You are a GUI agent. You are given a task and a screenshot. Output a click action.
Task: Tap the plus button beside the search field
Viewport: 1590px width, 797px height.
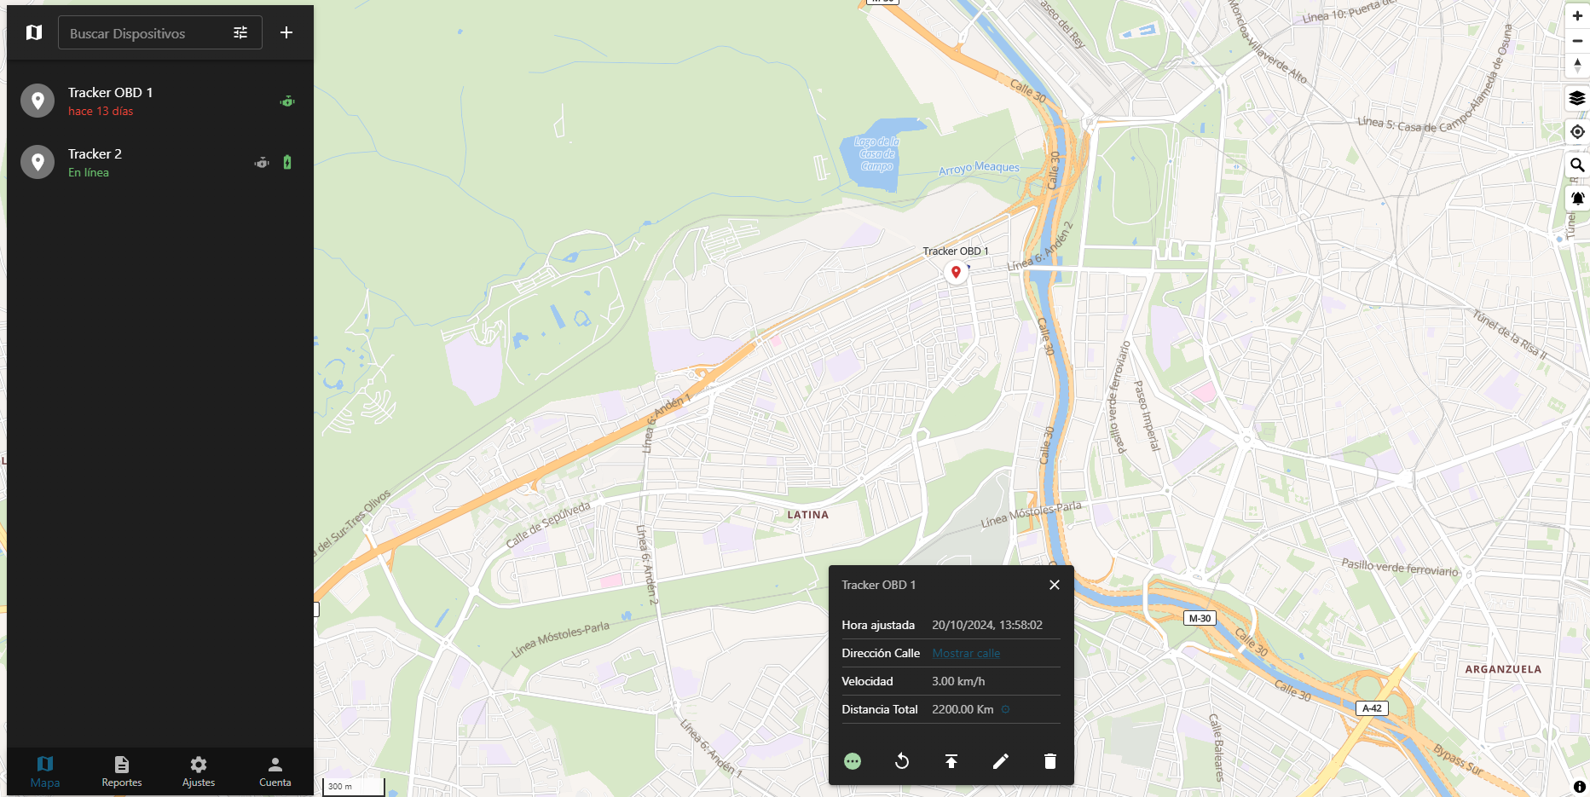(286, 32)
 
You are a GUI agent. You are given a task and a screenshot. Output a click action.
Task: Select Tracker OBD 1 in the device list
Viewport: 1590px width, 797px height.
(111, 101)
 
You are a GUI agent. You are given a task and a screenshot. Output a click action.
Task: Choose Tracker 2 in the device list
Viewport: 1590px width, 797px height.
(95, 162)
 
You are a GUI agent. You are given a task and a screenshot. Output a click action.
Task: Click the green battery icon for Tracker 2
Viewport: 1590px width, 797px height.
(287, 162)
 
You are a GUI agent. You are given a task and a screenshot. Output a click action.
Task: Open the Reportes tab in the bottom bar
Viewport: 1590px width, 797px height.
(122, 771)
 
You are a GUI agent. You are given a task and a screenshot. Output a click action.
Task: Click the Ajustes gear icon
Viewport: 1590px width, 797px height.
(199, 765)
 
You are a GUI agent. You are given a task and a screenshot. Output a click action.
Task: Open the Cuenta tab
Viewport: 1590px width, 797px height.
(275, 771)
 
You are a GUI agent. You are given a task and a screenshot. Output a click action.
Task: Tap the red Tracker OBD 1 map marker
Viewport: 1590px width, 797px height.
(956, 272)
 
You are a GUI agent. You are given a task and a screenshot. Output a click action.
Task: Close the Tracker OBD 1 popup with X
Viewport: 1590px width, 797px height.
(1055, 585)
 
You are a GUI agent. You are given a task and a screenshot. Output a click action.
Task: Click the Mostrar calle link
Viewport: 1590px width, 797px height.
(966, 653)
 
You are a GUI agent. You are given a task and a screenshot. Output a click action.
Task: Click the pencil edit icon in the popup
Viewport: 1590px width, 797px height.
(1001, 761)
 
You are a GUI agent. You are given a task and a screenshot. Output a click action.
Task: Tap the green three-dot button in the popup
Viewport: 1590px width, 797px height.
(853, 761)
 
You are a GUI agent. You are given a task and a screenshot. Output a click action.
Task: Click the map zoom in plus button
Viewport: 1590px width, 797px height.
(1577, 15)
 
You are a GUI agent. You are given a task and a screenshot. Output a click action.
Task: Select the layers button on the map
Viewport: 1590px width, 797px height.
(1577, 98)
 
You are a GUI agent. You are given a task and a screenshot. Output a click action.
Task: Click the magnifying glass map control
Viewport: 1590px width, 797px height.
(1577, 165)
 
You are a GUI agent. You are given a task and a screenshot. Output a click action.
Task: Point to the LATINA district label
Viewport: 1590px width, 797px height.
(807, 515)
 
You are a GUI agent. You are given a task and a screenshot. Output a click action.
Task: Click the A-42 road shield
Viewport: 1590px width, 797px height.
(1372, 708)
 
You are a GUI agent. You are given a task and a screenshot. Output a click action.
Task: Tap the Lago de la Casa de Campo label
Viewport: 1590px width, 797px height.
(877, 154)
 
